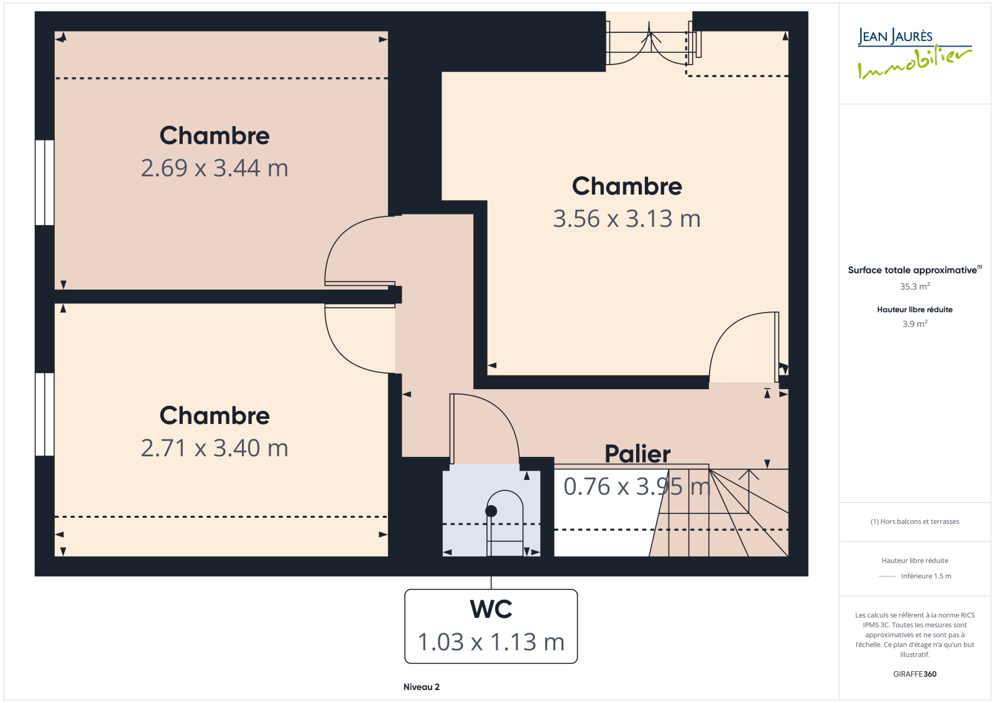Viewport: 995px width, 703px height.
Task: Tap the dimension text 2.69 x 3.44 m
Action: tap(215, 168)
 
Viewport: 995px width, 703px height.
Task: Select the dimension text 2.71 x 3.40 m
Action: tap(215, 448)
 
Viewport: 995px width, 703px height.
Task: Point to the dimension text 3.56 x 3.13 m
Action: tap(627, 219)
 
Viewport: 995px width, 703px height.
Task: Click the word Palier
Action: tap(637, 454)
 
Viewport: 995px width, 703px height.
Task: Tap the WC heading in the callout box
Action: tap(491, 609)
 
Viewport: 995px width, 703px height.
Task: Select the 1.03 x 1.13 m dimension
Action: tap(491, 642)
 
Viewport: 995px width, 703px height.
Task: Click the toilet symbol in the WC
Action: tap(504, 523)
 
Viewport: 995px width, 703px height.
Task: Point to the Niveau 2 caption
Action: tap(421, 687)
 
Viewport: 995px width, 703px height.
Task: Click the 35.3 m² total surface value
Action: tap(915, 287)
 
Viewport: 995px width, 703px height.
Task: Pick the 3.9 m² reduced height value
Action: tap(915, 324)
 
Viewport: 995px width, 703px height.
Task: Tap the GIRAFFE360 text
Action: tap(915, 674)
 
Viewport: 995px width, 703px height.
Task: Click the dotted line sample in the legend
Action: tap(887, 576)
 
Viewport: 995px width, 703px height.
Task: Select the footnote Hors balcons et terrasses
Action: tap(915, 522)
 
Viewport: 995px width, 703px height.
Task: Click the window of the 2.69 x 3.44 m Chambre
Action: tap(44, 183)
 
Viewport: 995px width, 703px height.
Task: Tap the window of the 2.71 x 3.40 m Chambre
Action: tap(44, 415)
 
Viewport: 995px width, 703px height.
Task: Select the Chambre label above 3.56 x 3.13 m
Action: tap(627, 186)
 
